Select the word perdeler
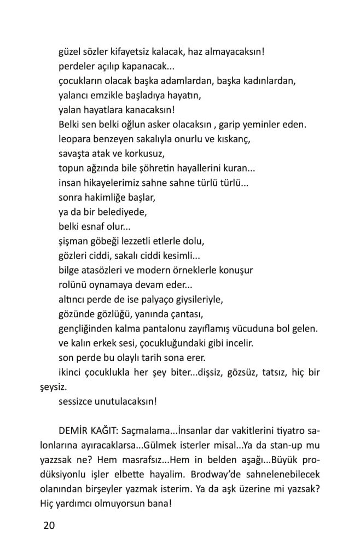pyautogui.click(x=76, y=67)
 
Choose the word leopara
pyautogui.click(x=76, y=139)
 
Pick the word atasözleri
pyautogui.click(x=111, y=270)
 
